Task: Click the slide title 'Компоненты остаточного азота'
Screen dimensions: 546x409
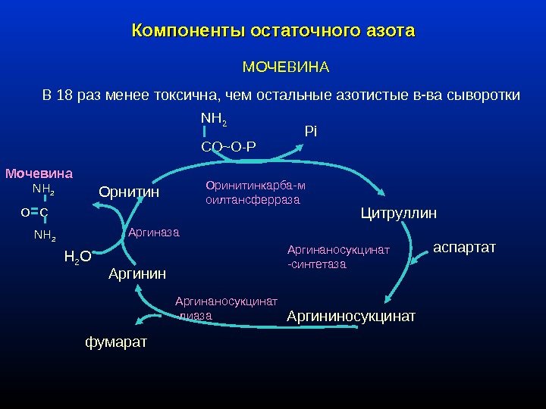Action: click(x=273, y=32)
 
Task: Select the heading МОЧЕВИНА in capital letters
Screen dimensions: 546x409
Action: click(x=285, y=68)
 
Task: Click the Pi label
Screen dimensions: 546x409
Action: click(x=310, y=132)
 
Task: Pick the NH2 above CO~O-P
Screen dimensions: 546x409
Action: click(x=214, y=119)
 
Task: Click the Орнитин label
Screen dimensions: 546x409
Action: click(x=129, y=192)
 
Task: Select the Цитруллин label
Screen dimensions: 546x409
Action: click(x=398, y=214)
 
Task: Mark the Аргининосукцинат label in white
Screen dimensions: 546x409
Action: click(x=351, y=316)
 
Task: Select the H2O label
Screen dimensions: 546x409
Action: click(x=77, y=257)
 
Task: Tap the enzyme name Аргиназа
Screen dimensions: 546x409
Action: click(x=153, y=233)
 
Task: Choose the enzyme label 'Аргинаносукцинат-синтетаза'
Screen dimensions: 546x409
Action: click(x=338, y=257)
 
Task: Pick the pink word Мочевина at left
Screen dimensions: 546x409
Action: click(x=39, y=173)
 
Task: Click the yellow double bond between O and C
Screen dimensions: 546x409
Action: click(x=35, y=213)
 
